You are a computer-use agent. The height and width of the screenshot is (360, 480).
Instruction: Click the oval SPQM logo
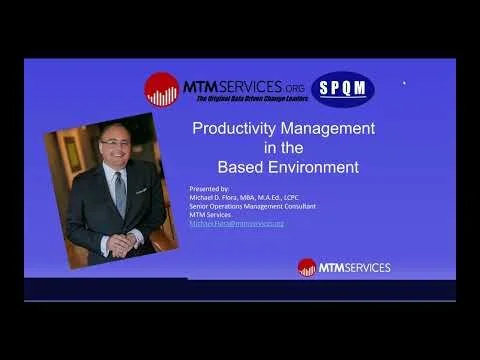click(x=343, y=89)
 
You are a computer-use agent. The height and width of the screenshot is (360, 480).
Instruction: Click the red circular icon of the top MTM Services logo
click(x=161, y=90)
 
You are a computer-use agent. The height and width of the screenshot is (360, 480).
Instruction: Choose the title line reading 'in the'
click(x=266, y=147)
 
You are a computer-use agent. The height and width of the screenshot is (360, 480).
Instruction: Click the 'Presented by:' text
click(x=208, y=188)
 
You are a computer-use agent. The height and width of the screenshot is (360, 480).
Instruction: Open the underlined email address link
click(x=236, y=223)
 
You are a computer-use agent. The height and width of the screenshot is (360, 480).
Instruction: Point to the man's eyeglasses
click(x=114, y=143)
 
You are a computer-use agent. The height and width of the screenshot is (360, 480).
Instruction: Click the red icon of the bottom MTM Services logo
click(x=306, y=267)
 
